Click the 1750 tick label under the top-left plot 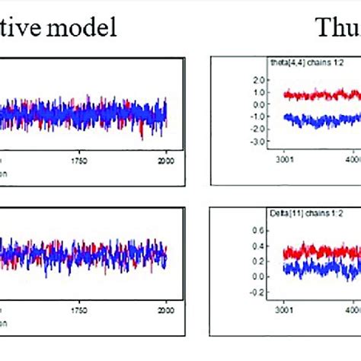tap(80, 161)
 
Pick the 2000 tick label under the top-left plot tap(166, 161)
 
